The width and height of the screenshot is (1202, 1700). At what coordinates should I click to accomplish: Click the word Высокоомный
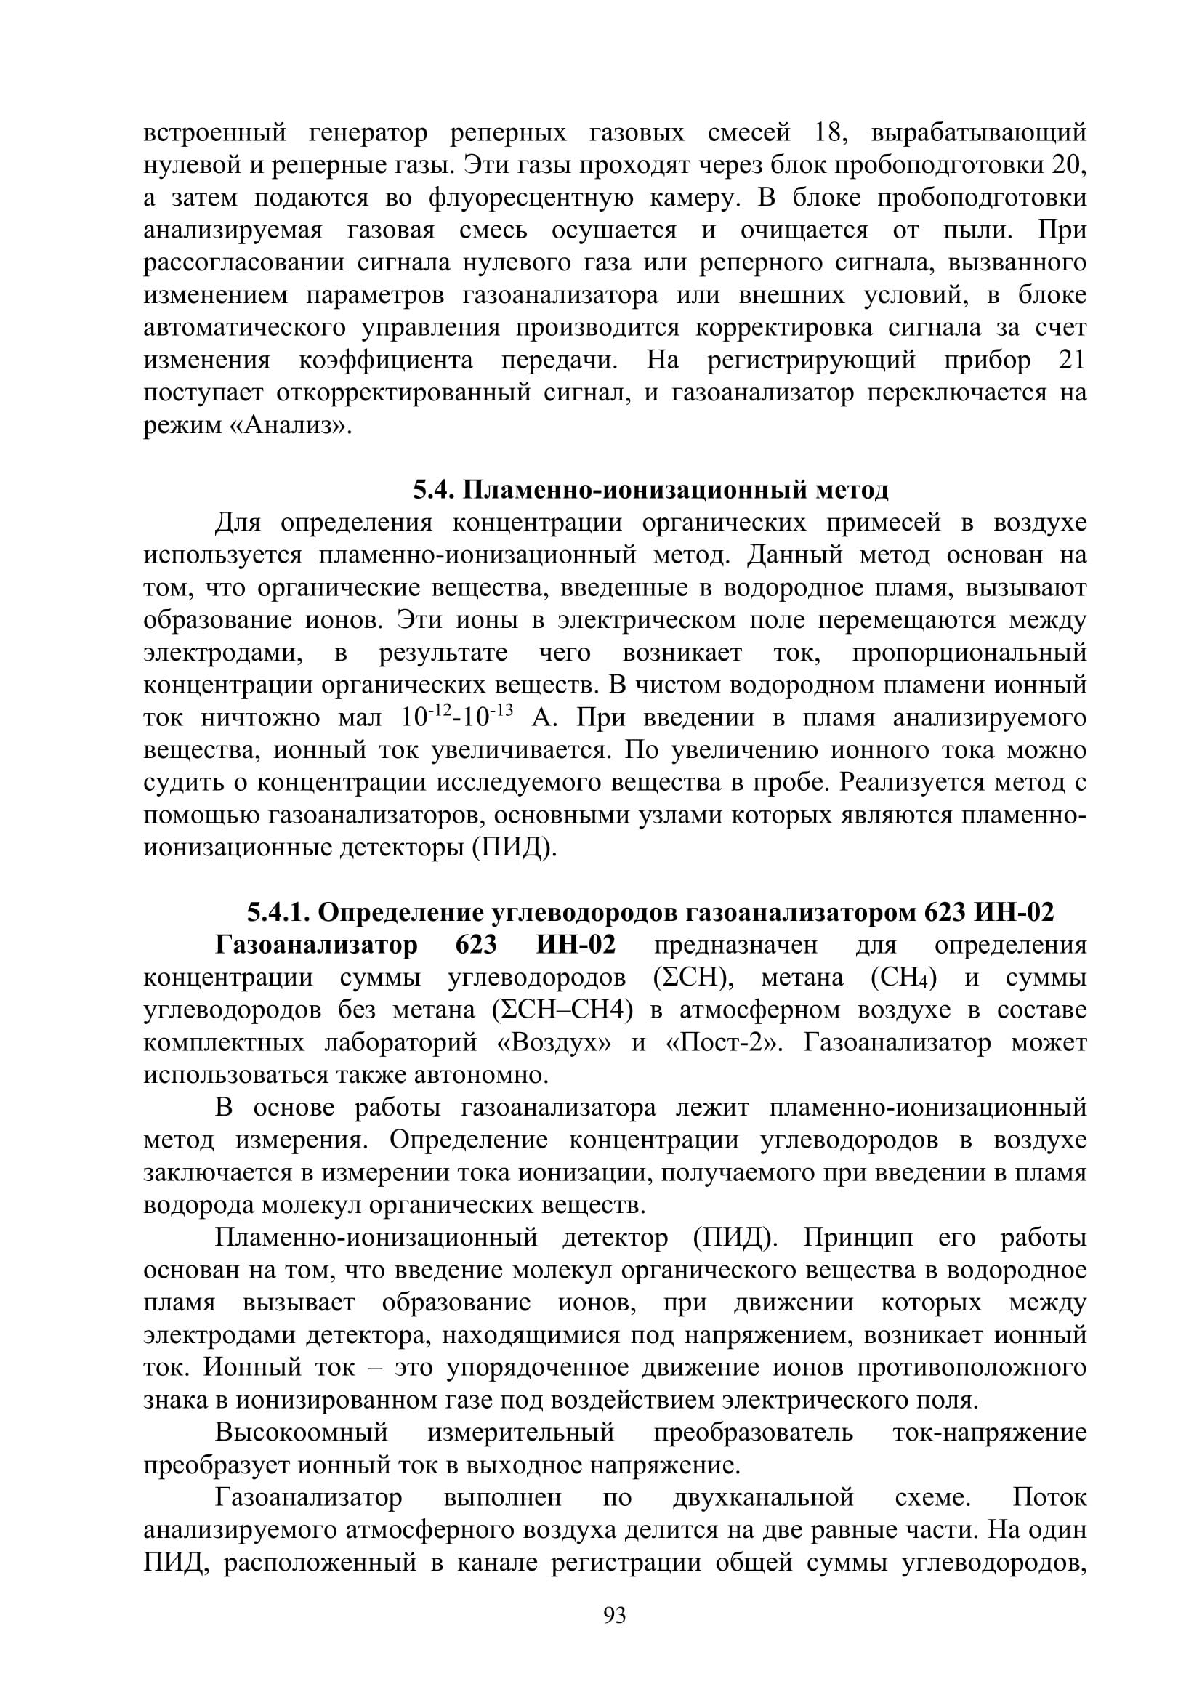pyautogui.click(x=302, y=1433)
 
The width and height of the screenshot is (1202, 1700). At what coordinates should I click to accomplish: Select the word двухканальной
pyautogui.click(x=764, y=1498)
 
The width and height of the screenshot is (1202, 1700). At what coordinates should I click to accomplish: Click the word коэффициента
pyautogui.click(x=386, y=360)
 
